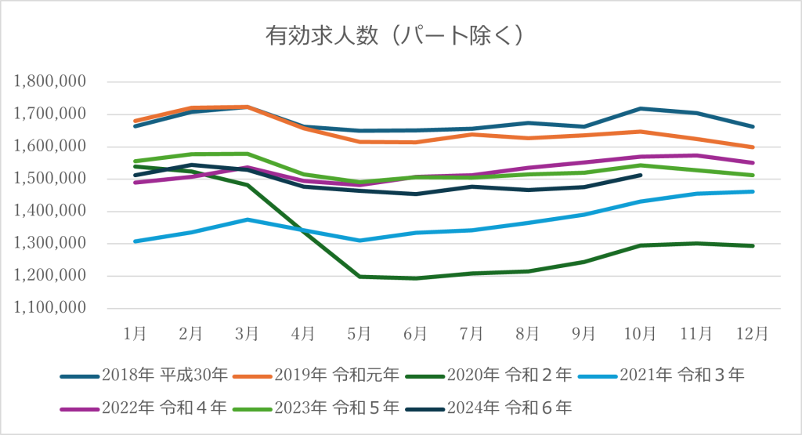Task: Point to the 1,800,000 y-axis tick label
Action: (x=50, y=82)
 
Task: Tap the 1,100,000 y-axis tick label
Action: (x=50, y=308)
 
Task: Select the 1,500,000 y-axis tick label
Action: (x=50, y=179)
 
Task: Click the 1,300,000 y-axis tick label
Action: (x=50, y=244)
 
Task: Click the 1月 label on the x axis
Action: (x=135, y=332)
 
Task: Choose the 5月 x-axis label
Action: (x=359, y=332)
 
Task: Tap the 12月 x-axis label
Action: (x=753, y=332)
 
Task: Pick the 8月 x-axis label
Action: (x=528, y=332)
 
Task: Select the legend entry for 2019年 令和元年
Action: (x=338, y=375)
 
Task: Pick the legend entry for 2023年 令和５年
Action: (x=338, y=408)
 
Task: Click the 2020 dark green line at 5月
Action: (x=359, y=276)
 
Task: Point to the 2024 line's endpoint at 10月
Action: (x=641, y=176)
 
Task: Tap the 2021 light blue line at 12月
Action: (x=753, y=191)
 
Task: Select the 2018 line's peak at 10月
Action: (x=641, y=108)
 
